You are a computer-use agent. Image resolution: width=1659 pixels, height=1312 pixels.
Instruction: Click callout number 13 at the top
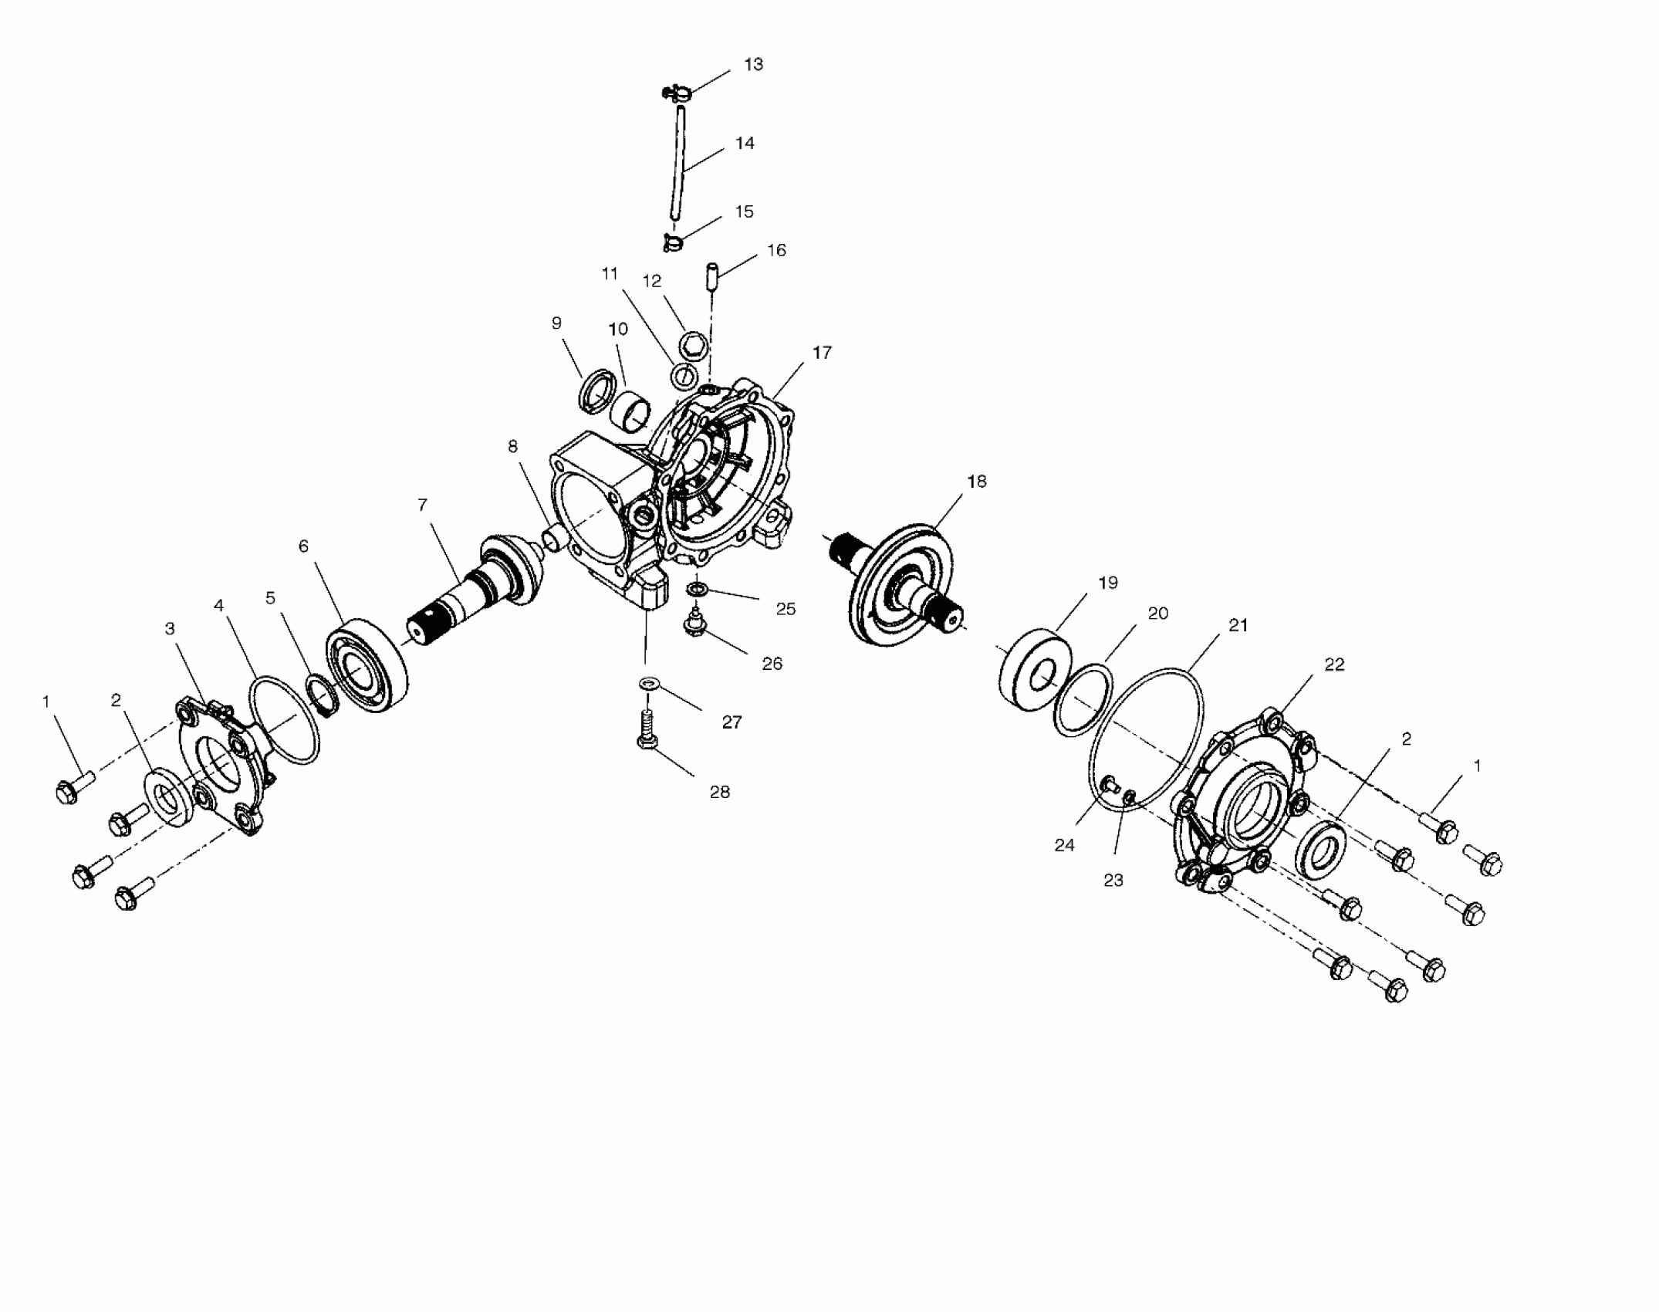click(x=753, y=64)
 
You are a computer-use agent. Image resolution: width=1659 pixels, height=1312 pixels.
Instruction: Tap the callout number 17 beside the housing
click(x=822, y=353)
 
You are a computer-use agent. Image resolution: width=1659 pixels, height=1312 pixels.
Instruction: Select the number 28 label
click(x=719, y=792)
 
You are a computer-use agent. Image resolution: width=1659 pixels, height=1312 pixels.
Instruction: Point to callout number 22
click(x=1334, y=664)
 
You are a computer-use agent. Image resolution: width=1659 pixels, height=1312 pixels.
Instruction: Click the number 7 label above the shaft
click(x=422, y=505)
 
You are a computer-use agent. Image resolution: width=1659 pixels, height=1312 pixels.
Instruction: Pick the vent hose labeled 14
click(x=677, y=166)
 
